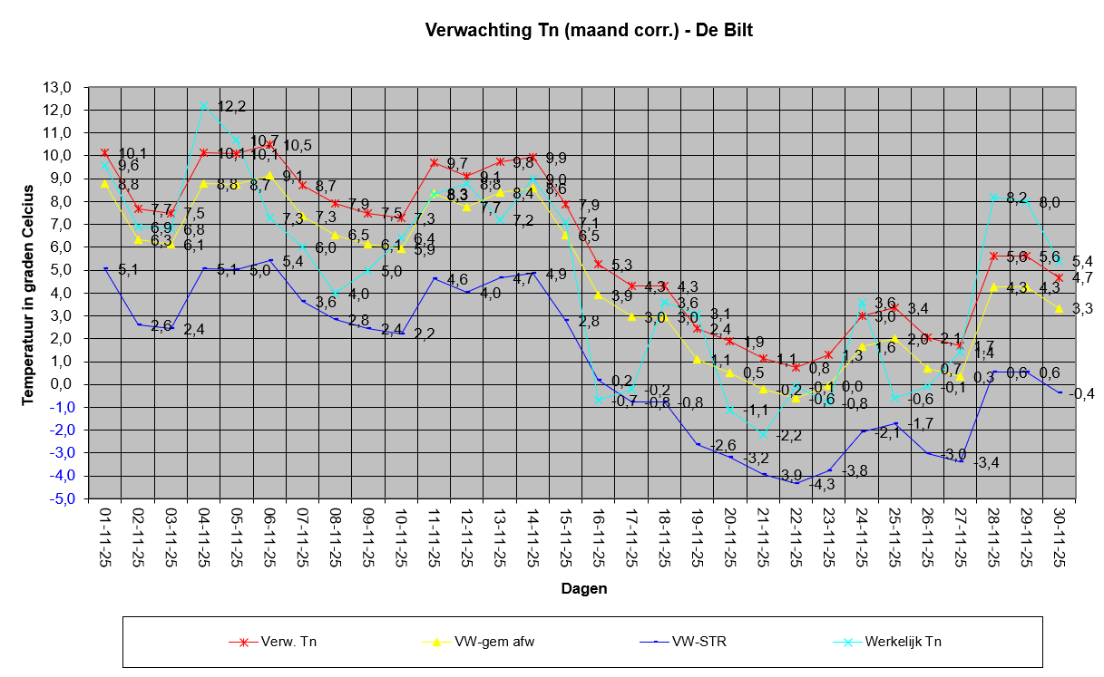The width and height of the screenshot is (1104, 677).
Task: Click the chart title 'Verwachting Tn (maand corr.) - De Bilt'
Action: click(589, 31)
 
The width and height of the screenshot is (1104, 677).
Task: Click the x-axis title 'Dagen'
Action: click(583, 588)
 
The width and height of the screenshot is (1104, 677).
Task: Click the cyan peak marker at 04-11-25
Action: click(203, 105)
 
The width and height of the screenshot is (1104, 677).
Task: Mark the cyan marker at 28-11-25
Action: click(994, 197)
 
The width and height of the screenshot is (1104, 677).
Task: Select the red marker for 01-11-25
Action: click(104, 153)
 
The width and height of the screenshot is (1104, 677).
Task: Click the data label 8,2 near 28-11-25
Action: click(1017, 198)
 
